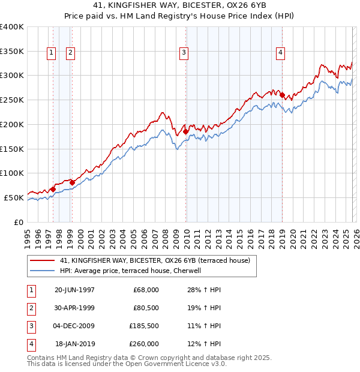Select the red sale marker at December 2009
tap(186, 131)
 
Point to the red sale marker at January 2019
tap(282, 94)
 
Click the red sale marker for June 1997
tap(53, 189)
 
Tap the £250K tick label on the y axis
tap(11, 100)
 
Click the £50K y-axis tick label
tap(14, 197)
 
